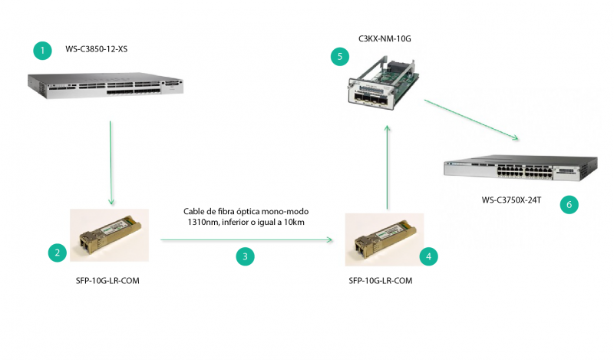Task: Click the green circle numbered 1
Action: click(x=43, y=51)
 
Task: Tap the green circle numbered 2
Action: click(x=57, y=253)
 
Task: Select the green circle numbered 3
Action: click(x=245, y=256)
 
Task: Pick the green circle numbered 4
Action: click(x=428, y=256)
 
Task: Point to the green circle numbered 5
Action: click(x=340, y=57)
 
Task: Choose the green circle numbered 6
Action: click(x=569, y=204)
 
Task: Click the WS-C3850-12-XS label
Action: click(x=97, y=49)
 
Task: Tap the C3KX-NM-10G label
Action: click(x=385, y=39)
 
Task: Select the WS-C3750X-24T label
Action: click(x=511, y=200)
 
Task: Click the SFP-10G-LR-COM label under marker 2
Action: click(x=107, y=281)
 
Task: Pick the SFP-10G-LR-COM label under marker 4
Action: click(x=380, y=281)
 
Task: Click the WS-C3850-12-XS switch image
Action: click(x=105, y=85)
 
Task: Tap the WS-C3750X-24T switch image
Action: click(x=521, y=168)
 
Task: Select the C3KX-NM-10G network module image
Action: click(x=383, y=83)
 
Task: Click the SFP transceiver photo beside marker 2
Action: click(x=109, y=235)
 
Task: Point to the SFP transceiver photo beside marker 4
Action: click(x=385, y=239)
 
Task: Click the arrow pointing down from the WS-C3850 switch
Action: click(x=111, y=163)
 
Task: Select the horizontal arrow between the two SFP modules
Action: click(x=246, y=239)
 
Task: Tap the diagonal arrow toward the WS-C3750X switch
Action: click(x=471, y=120)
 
